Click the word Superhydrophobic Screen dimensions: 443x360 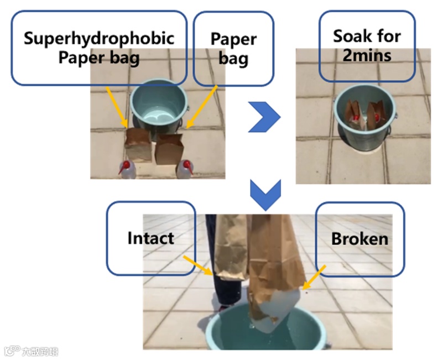click(x=99, y=38)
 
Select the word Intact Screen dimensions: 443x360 click(x=150, y=238)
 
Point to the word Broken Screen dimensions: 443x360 click(x=359, y=239)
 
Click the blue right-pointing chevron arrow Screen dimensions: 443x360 click(x=264, y=116)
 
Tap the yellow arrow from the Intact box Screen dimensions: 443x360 click(x=197, y=264)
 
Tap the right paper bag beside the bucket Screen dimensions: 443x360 click(x=169, y=149)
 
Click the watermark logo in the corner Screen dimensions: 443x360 click(x=31, y=351)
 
